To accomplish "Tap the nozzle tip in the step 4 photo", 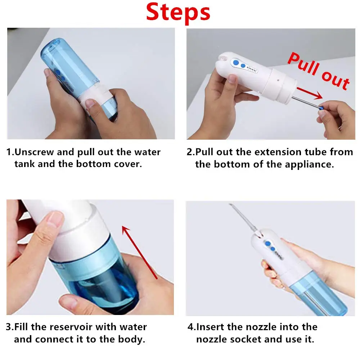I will pyautogui.click(x=231, y=206).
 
